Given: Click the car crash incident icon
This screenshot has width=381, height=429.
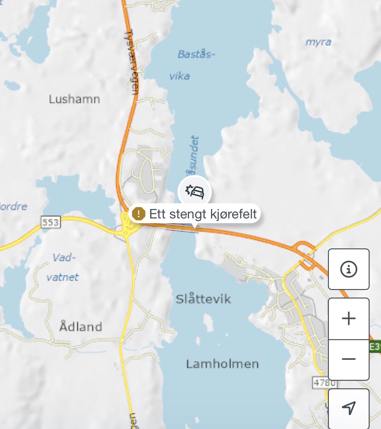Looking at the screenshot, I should (x=194, y=191).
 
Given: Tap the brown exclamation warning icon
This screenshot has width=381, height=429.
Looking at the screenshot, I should (x=138, y=214).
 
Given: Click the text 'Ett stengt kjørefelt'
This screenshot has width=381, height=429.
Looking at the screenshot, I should (x=203, y=214).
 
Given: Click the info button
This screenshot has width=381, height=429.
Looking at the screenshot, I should (x=348, y=269).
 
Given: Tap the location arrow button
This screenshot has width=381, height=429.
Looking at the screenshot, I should (x=349, y=408).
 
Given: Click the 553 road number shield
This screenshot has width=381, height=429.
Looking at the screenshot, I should (x=51, y=222).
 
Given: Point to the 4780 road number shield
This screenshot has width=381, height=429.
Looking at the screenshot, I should (x=324, y=382).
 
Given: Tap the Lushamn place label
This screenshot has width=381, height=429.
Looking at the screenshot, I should (x=75, y=99).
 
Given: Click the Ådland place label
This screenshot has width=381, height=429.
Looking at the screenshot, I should (x=81, y=327).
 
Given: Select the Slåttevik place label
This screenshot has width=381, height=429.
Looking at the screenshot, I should (x=203, y=299).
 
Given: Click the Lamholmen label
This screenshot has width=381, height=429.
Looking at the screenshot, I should (x=222, y=364).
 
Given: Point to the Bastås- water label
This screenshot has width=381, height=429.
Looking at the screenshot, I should (x=196, y=54).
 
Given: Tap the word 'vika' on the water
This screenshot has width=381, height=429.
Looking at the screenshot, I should (x=179, y=76).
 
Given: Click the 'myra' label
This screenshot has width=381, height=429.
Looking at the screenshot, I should (x=318, y=42).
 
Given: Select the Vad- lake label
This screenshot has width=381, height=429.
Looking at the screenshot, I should (x=64, y=258).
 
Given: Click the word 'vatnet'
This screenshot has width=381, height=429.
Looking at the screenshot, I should (x=63, y=277).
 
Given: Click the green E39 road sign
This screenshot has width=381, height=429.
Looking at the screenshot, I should (x=375, y=347).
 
